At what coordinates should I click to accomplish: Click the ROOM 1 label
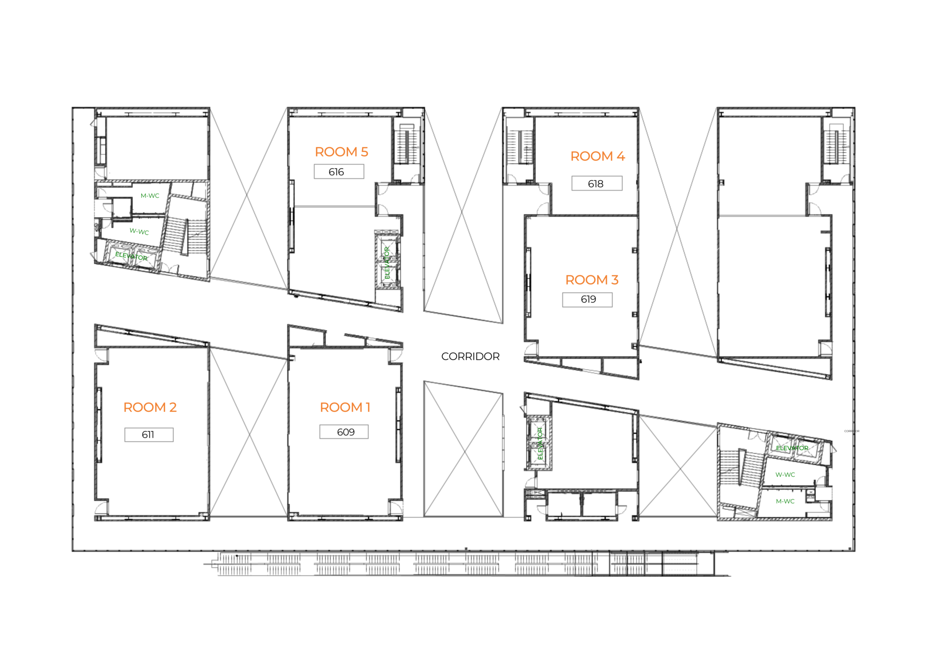coord(345,407)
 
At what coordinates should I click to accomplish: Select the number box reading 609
coord(344,432)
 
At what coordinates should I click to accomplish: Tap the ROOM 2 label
coord(150,407)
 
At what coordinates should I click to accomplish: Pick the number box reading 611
coord(149,434)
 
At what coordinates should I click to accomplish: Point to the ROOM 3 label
coord(592,280)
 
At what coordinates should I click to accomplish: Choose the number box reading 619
coord(588,299)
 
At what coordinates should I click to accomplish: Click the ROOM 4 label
coord(597,156)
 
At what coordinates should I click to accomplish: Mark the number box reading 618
coord(597,183)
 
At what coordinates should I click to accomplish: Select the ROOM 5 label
coord(341,152)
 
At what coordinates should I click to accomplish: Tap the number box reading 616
coord(339,172)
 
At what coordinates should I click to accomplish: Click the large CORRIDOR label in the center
coord(470,357)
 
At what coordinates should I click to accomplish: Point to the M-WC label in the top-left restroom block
coord(150,196)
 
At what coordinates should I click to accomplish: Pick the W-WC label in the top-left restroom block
coord(139,232)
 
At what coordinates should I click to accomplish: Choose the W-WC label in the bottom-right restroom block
coord(785,475)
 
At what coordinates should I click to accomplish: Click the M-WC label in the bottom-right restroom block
coord(785,501)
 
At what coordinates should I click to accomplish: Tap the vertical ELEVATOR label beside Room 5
coord(387,263)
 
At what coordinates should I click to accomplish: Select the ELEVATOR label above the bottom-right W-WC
coord(792,448)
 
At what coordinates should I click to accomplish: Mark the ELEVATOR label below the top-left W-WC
coord(131,256)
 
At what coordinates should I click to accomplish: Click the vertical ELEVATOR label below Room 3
coord(540,444)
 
